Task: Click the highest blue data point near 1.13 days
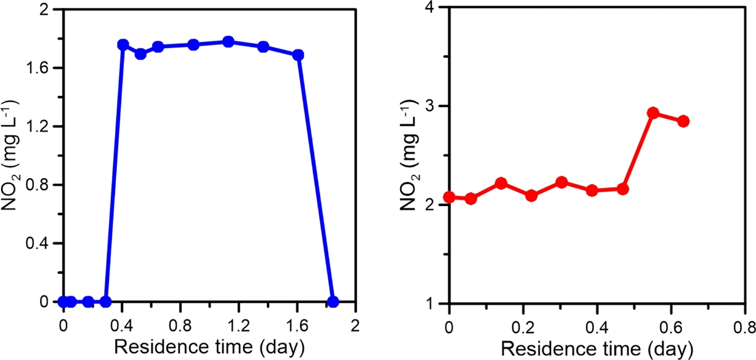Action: pos(228,42)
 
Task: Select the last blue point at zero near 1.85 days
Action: pos(333,302)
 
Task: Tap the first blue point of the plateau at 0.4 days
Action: pos(123,45)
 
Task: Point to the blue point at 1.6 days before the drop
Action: pos(299,55)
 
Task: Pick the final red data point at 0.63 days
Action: pos(683,121)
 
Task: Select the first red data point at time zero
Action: pos(449,197)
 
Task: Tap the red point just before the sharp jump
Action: pos(622,188)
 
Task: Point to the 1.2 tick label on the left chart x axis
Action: pos(238,322)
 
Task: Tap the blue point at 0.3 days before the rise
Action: pos(105,302)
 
